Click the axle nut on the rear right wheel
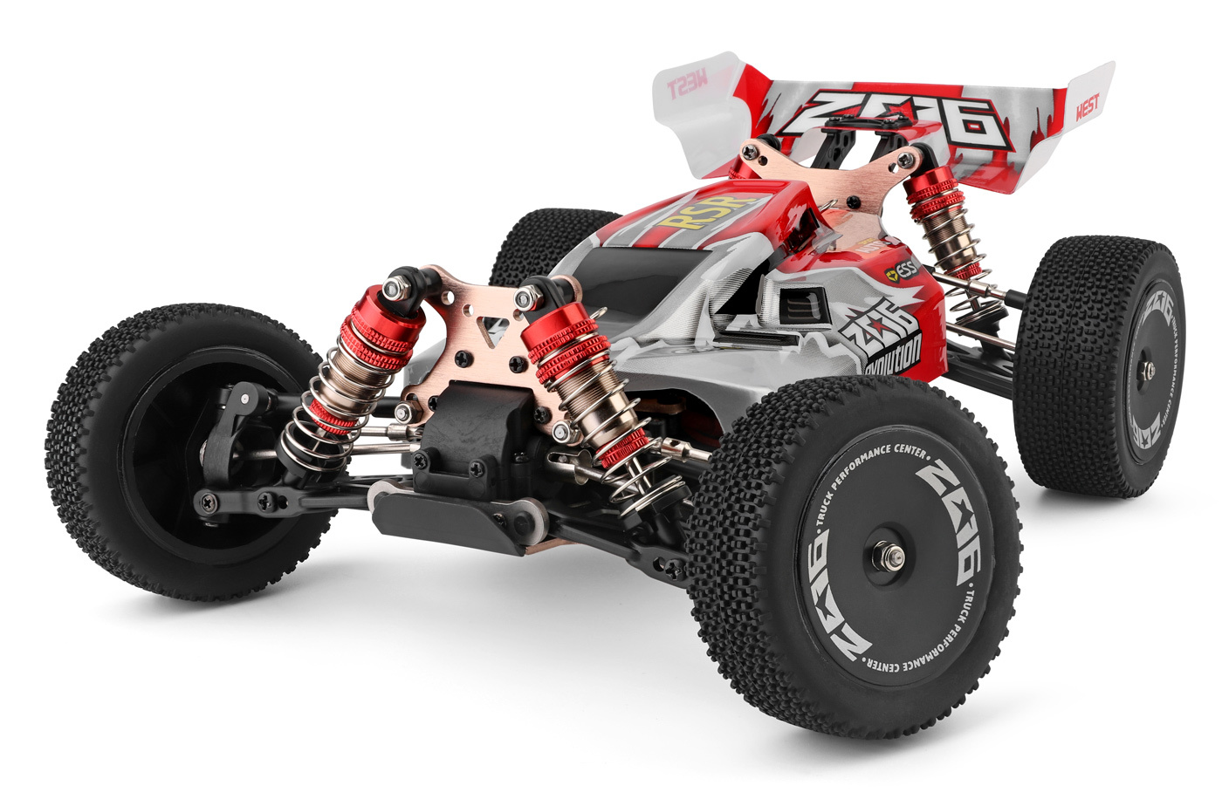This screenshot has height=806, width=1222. pyautogui.click(x=1149, y=372)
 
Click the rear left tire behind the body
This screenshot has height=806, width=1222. pyautogui.click(x=541, y=240)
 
